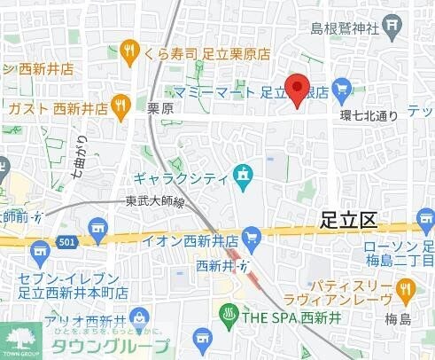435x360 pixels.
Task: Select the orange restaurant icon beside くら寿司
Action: point(130,51)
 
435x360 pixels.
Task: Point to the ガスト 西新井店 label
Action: point(58,107)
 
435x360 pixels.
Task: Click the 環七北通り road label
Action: point(373,113)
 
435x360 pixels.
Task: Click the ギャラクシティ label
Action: point(183,177)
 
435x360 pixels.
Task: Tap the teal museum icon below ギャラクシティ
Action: point(241,175)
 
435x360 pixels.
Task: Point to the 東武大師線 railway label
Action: point(154,202)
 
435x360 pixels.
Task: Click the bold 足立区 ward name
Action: point(348,222)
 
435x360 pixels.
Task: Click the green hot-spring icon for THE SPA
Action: point(227,312)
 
